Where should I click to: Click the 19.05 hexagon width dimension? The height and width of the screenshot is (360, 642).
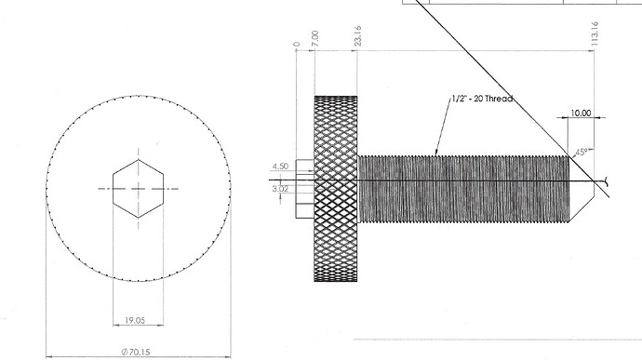[x=135, y=320]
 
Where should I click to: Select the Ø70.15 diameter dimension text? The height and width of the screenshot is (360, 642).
[x=136, y=352]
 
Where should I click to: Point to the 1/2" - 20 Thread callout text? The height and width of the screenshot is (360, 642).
[x=482, y=99]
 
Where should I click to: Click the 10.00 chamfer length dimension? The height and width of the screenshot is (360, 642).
[x=581, y=113]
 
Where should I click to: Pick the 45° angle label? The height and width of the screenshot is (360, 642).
[x=582, y=153]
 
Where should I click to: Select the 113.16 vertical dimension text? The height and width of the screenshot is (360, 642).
[x=595, y=33]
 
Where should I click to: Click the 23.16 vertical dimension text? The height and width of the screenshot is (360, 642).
[x=357, y=36]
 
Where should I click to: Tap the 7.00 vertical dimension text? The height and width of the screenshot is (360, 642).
[x=314, y=38]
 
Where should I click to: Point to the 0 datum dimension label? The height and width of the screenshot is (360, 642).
[x=297, y=45]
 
